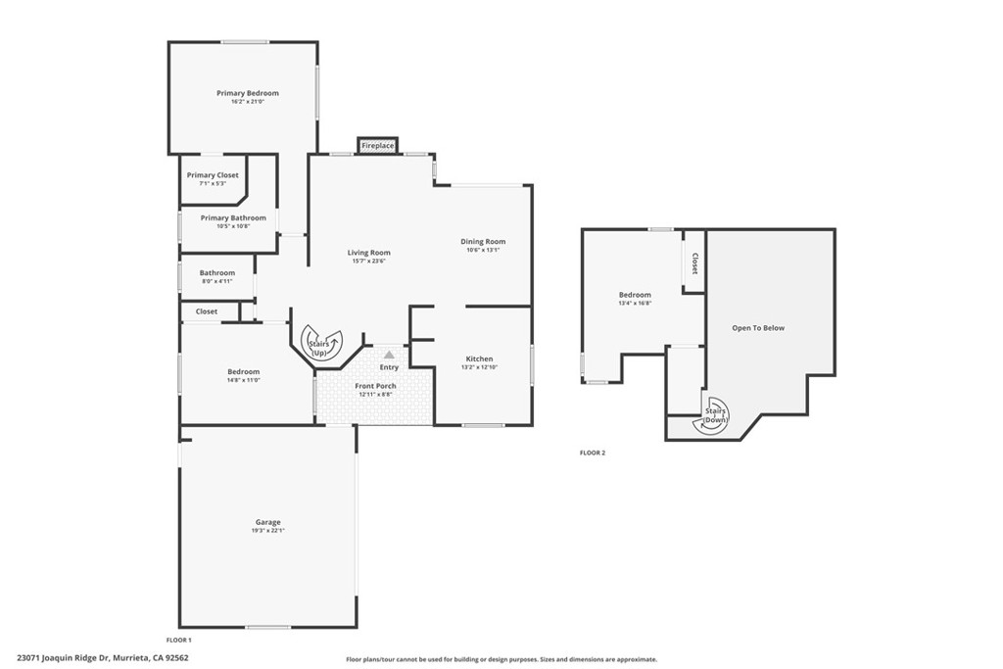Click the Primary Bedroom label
click(248, 93)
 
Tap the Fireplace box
click(377, 146)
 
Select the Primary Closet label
click(213, 175)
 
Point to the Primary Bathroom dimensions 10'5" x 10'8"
click(233, 226)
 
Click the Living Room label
click(368, 253)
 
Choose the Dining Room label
click(483, 241)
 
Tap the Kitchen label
click(479, 358)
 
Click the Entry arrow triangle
click(389, 355)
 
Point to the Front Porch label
click(375, 386)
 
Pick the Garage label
click(267, 522)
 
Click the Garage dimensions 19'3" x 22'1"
click(267, 531)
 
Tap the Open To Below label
click(758, 328)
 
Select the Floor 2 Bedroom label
click(634, 295)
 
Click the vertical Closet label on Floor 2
click(694, 263)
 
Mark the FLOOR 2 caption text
click(593, 453)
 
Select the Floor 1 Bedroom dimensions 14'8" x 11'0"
click(244, 380)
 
